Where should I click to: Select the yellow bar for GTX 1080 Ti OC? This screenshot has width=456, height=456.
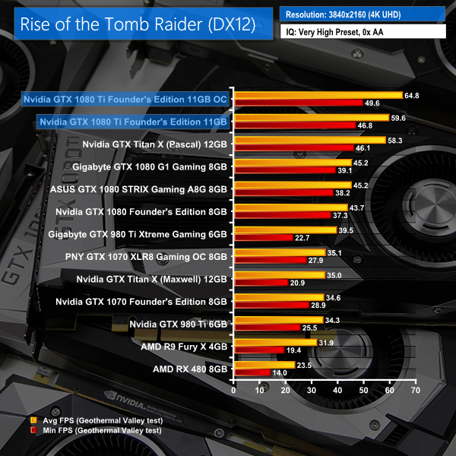[318, 95]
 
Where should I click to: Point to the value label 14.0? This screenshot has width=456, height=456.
[280, 372]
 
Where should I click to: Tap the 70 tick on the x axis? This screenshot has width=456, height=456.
[415, 390]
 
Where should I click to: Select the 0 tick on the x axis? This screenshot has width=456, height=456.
[236, 390]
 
